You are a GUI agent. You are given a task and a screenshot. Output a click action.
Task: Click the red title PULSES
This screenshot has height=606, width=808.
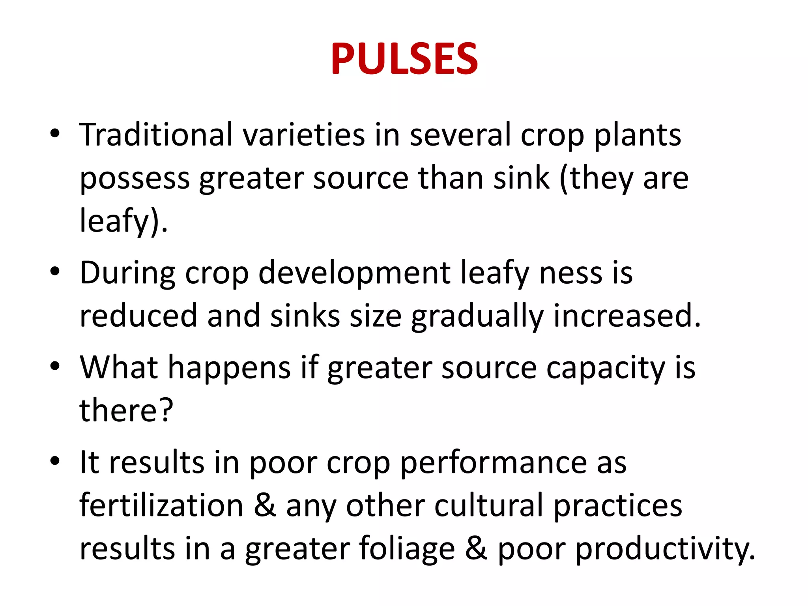tap(404, 59)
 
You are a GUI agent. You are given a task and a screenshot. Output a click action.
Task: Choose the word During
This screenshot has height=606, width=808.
tap(127, 273)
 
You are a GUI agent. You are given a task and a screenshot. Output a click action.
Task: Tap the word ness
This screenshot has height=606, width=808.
tap(570, 273)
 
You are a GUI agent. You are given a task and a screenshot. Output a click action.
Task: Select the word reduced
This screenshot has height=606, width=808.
tap(138, 316)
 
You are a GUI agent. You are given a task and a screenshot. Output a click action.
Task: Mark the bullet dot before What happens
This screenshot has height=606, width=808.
tap(55, 366)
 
